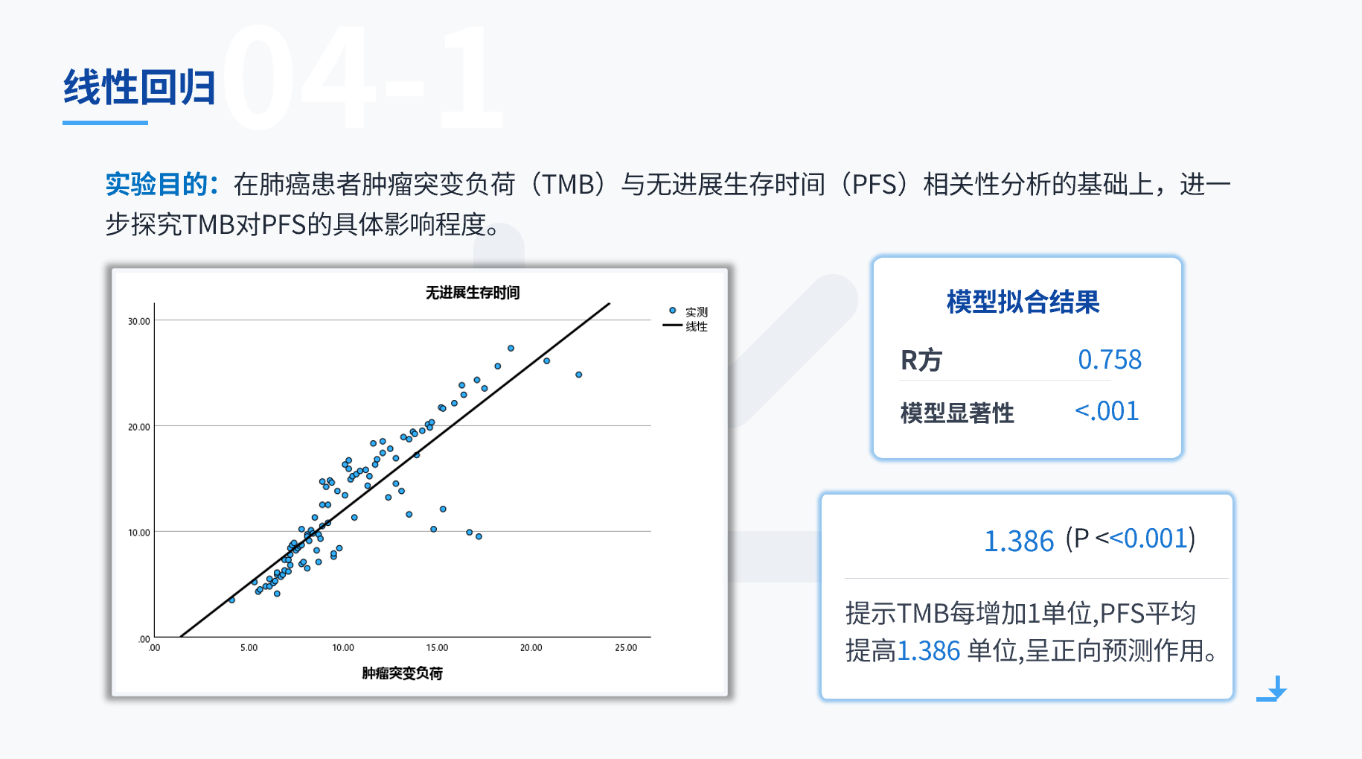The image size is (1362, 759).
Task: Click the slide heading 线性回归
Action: pos(139,87)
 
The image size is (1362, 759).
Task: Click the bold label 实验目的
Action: pos(156,184)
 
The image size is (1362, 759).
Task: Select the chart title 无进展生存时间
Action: pos(473,293)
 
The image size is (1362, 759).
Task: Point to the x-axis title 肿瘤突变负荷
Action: pos(402,673)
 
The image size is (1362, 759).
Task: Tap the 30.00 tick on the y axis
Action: pos(139,321)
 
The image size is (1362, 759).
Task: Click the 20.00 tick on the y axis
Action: pos(139,427)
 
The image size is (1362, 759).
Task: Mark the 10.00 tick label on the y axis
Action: pos(139,533)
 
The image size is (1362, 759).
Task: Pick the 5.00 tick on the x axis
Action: pos(249,648)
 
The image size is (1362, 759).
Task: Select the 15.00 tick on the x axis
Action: pos(437,648)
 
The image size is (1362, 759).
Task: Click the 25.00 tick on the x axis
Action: pos(626,648)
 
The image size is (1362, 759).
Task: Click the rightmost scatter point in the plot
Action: pos(579,375)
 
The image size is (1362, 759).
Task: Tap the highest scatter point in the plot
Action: pos(511,348)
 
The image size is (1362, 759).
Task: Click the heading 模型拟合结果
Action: pos(1023,302)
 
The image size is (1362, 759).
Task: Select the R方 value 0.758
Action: pos(1110,360)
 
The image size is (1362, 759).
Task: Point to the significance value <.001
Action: pos(1107,411)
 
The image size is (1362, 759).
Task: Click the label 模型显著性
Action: pos(957,413)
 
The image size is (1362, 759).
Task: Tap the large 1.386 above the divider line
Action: pos(1019,541)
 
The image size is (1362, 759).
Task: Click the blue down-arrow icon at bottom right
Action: pos(1273,689)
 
